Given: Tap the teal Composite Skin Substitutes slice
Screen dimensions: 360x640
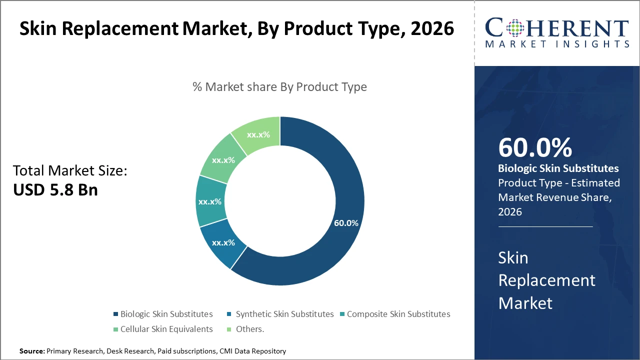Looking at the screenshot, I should [x=210, y=201].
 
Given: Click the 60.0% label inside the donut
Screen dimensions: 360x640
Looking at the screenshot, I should [x=346, y=223].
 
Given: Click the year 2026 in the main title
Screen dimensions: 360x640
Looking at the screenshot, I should [x=432, y=28].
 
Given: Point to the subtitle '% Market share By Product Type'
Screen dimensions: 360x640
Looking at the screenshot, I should [x=279, y=87].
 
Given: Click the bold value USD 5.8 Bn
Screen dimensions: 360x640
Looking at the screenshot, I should [x=55, y=190].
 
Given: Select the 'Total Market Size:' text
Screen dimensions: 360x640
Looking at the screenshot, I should [x=70, y=171].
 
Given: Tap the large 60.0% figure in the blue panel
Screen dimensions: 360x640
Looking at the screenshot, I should [x=535, y=147].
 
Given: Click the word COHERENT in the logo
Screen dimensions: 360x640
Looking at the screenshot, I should [x=557, y=28].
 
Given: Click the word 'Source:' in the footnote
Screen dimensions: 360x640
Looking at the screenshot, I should [x=32, y=351].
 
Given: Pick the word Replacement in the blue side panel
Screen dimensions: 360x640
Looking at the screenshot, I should [x=546, y=280].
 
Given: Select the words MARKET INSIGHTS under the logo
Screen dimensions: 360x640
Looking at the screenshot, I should [x=557, y=44].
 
